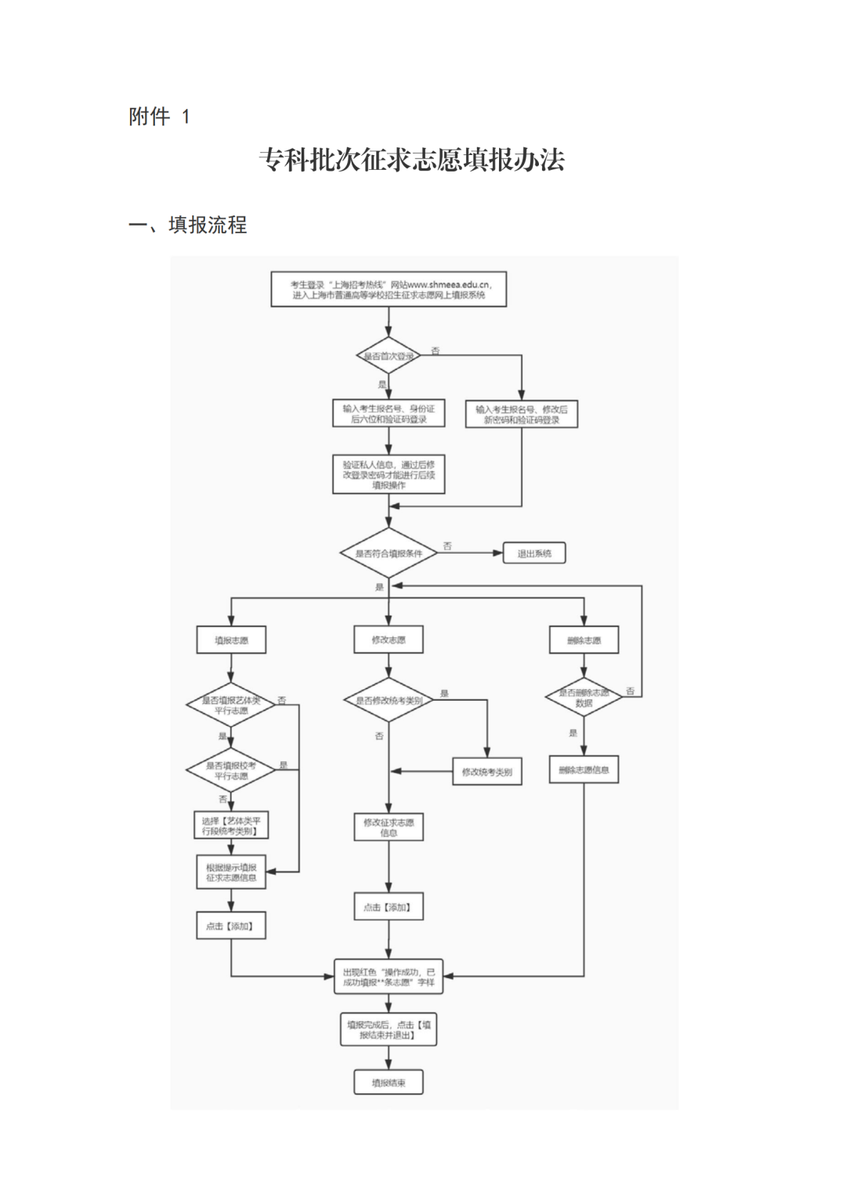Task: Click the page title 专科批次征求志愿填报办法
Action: click(412, 161)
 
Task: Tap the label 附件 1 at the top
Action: click(159, 117)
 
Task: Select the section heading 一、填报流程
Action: click(188, 226)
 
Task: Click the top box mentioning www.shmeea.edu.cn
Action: click(389, 290)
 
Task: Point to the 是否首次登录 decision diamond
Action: click(389, 356)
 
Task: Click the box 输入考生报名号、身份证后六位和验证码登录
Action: click(389, 413)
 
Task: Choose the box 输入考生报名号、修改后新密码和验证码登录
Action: click(521, 413)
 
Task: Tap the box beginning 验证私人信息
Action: click(389, 475)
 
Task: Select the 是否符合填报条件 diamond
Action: click(389, 554)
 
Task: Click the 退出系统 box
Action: click(533, 554)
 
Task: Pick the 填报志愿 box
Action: click(231, 640)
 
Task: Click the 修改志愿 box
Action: click(389, 640)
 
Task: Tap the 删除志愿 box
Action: click(584, 640)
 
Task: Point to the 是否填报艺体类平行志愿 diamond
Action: click(230, 705)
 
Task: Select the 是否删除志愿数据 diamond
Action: click(584, 697)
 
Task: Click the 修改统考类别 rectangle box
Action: click(486, 771)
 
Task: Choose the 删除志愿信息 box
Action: click(584, 770)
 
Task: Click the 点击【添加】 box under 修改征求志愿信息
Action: click(389, 907)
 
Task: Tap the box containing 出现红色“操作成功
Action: click(389, 977)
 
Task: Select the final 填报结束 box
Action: click(389, 1082)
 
